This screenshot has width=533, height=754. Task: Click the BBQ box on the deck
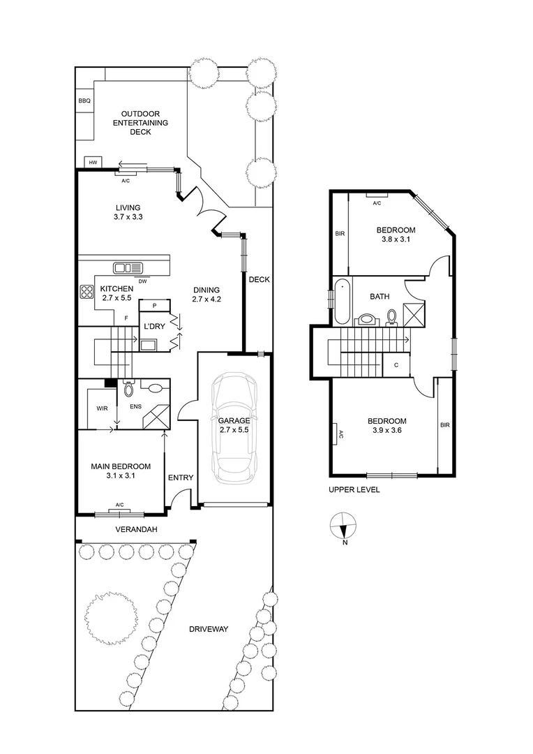pyautogui.click(x=84, y=101)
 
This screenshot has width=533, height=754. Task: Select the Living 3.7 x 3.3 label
pyautogui.click(x=128, y=212)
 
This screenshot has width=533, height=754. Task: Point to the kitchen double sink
pyautogui.click(x=128, y=267)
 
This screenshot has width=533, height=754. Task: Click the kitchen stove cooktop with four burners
pyautogui.click(x=87, y=293)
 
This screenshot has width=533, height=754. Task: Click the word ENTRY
pyautogui.click(x=181, y=478)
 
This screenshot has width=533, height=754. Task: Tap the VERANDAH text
pyautogui.click(x=136, y=530)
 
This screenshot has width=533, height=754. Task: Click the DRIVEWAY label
pyautogui.click(x=209, y=629)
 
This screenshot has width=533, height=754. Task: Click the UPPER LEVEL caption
pyautogui.click(x=354, y=490)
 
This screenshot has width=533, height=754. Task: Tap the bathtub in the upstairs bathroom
pyautogui.click(x=343, y=301)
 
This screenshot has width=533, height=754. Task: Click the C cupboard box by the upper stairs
pyautogui.click(x=396, y=364)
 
